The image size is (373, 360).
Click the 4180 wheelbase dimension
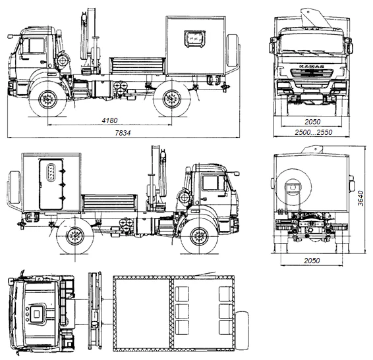coord(109,120)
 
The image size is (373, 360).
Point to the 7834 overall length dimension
coord(123,133)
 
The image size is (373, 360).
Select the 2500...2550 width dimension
coord(313,132)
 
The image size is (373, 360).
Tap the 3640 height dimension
coord(361,198)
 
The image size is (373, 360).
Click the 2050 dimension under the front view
coord(312,122)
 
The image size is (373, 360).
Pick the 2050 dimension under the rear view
coord(312,261)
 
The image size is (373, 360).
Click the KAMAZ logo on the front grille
coord(312,66)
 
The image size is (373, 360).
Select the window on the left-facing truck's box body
coord(195,39)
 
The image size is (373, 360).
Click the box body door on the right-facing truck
coord(51,185)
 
